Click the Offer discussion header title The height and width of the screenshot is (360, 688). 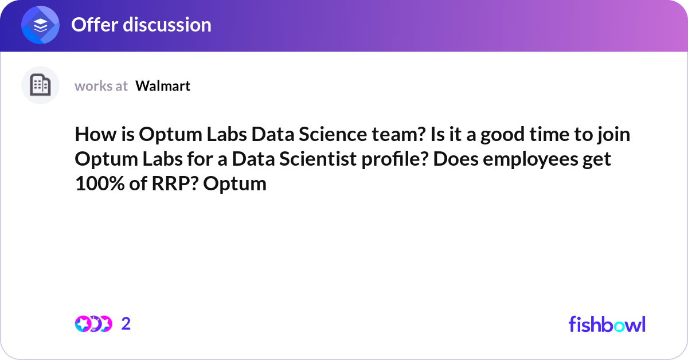tap(141, 25)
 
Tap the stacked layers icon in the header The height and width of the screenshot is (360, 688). tap(40, 25)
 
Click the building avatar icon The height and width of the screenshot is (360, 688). tap(40, 85)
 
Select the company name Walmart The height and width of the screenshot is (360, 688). tap(163, 86)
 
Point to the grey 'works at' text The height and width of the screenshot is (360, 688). tap(101, 86)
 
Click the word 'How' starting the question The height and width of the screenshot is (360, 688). tap(92, 135)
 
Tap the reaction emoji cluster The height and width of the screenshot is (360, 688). tap(93, 324)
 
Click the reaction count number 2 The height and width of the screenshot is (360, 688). tap(126, 324)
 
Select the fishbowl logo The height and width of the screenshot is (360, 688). tap(607, 324)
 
